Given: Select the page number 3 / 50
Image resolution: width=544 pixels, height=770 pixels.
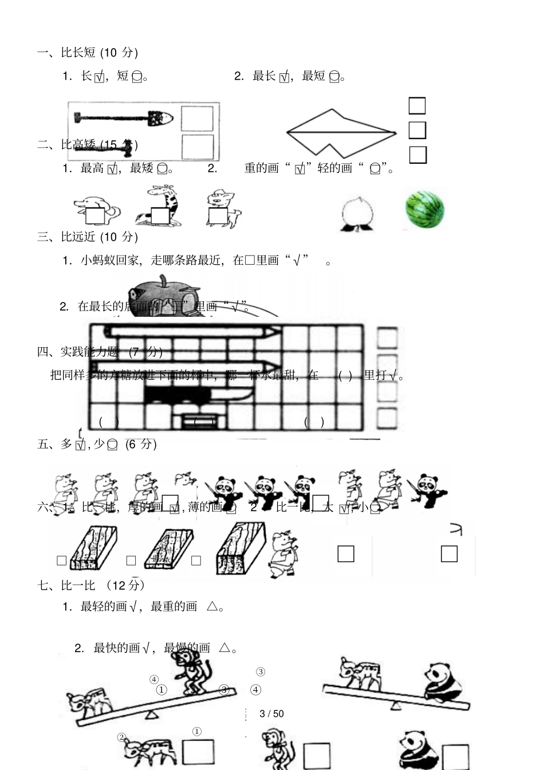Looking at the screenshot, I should [271, 713].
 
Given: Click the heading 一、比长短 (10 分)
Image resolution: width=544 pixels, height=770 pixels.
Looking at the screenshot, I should [88, 53].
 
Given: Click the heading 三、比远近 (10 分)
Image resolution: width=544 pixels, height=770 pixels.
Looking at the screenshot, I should [88, 237].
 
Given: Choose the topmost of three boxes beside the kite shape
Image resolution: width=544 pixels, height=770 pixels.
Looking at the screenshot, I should [417, 106].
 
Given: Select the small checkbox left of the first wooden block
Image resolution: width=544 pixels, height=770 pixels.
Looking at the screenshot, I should [62, 561].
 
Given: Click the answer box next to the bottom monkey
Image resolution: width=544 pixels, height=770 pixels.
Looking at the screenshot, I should [317, 755].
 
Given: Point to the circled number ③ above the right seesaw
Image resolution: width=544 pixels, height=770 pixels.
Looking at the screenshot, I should [261, 671].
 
